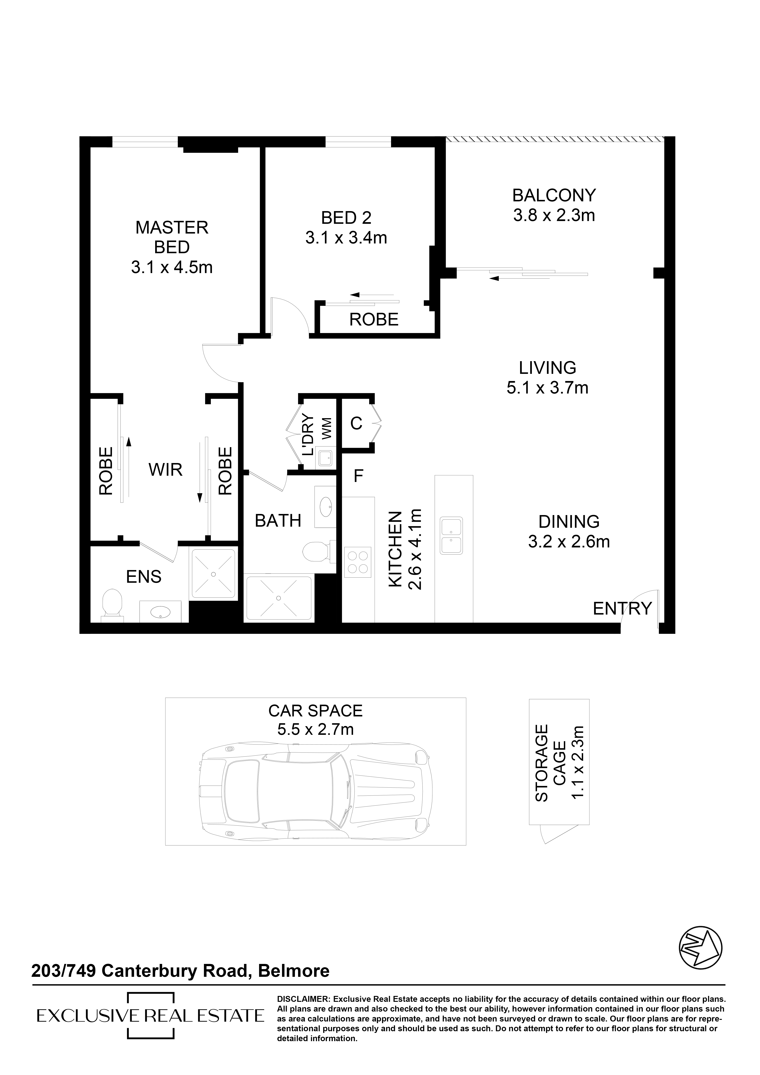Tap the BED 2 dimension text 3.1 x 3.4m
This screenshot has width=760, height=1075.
coord(346,238)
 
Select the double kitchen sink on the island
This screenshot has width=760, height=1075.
coord(451,536)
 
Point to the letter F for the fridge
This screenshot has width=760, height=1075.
coord(358,476)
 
